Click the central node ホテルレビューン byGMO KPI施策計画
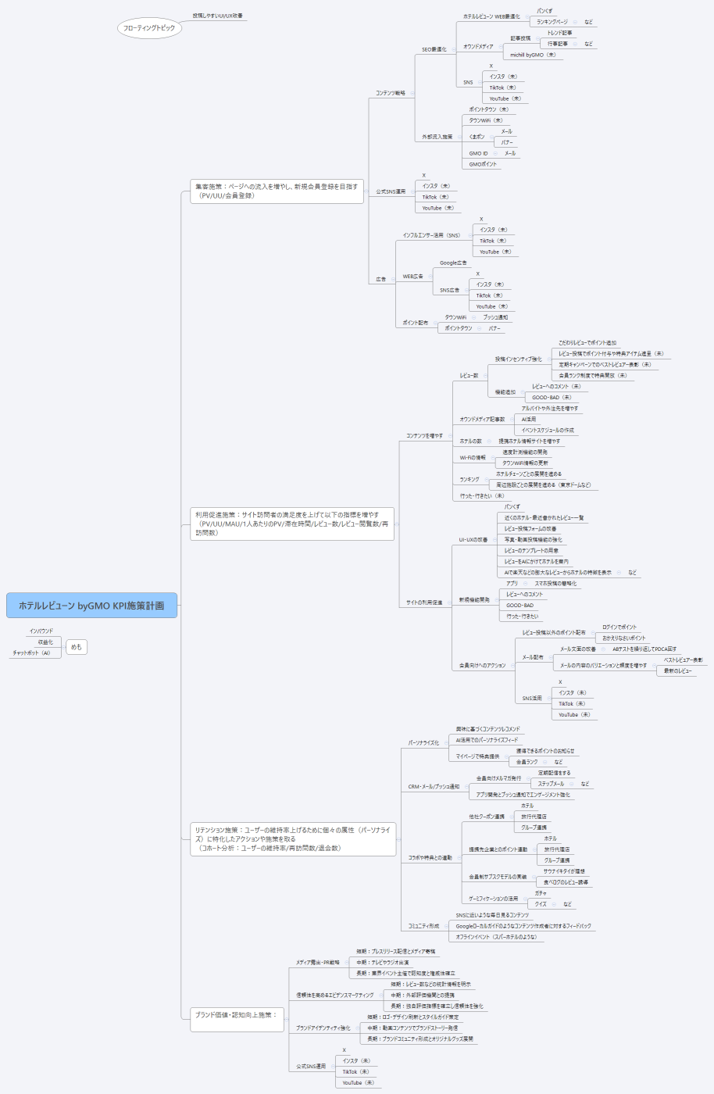[x=91, y=606]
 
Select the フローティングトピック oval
[x=149, y=28]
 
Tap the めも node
[x=76, y=647]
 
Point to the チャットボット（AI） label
[x=31, y=653]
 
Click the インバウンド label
[x=41, y=631]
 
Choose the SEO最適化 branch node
[x=434, y=49]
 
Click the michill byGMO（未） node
[x=533, y=55]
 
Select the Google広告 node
[x=453, y=263]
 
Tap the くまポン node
[x=477, y=137]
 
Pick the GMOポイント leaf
[x=483, y=164]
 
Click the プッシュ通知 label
[x=495, y=317]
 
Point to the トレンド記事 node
[x=559, y=33]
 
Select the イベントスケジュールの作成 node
[x=548, y=431]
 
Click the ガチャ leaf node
[x=541, y=893]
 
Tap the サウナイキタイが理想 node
[x=564, y=871]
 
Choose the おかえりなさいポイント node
[x=624, y=638]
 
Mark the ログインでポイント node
[x=619, y=627]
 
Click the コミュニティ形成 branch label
[x=423, y=926]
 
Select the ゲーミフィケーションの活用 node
[x=493, y=899]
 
